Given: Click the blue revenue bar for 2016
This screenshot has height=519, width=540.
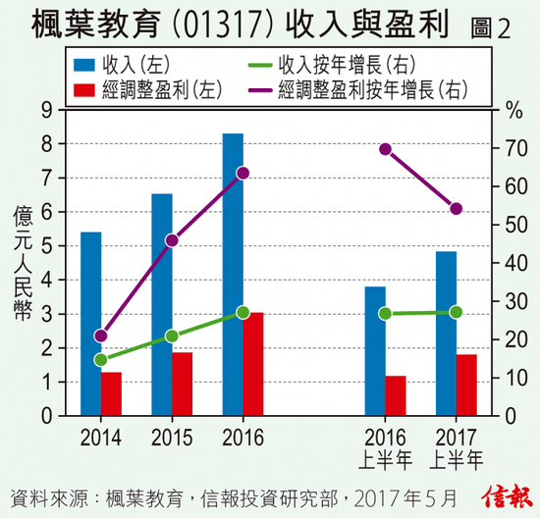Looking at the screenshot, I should tap(233, 275).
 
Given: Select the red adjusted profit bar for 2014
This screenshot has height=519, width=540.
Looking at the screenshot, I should tap(111, 393).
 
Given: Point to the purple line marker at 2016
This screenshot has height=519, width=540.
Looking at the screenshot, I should tap(243, 173).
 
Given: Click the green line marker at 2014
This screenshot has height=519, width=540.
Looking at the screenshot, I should tap(101, 360).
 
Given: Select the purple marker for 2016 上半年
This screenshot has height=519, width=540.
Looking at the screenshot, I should tap(385, 149).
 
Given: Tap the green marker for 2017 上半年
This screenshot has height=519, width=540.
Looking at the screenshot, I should tap(456, 312).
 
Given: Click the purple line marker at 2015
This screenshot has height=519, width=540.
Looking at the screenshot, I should tap(172, 240).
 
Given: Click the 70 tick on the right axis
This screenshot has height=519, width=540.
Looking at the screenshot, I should tap(516, 148).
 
